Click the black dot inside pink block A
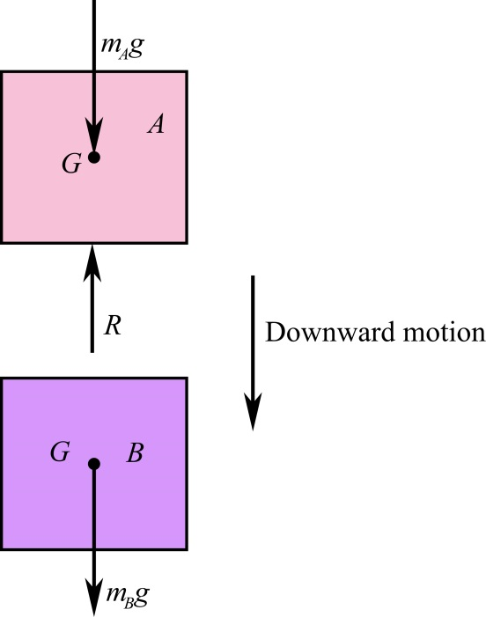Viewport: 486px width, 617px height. (x=93, y=158)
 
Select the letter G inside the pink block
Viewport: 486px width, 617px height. (x=71, y=163)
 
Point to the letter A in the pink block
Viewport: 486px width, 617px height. (x=156, y=126)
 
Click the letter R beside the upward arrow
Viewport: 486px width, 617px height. (x=113, y=327)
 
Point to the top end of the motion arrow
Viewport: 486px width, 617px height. (x=253, y=277)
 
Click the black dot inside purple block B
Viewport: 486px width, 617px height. (x=93, y=464)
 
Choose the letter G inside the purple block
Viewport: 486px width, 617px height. (x=60, y=453)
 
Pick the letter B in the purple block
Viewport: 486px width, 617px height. (x=135, y=454)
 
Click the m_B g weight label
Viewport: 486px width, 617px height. (x=127, y=595)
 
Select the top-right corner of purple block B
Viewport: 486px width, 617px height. (x=186, y=378)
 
